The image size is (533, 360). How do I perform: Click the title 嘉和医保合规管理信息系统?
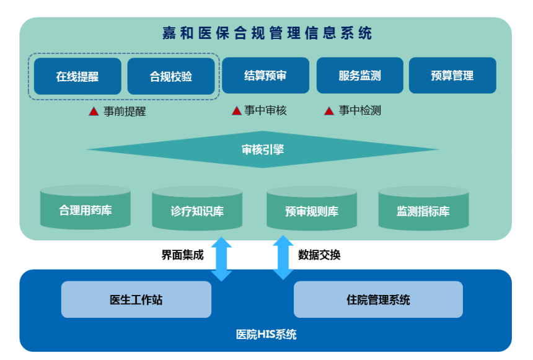pos(267,32)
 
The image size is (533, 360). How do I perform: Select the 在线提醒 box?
pos(77,77)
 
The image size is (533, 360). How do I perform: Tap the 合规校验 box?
pos(171,77)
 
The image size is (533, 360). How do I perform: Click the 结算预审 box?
pos(265,76)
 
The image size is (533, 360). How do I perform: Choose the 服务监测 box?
pos(359,76)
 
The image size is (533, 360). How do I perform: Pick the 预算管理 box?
pos(452,76)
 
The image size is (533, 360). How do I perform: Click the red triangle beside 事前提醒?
pos(94,112)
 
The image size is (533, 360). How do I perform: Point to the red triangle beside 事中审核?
pos(236,111)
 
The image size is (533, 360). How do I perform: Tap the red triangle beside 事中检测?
pos(329,111)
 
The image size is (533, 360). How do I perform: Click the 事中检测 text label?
pos(359,111)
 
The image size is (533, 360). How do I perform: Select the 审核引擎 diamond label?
pos(263,149)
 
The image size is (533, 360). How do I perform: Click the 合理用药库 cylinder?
pos(86,209)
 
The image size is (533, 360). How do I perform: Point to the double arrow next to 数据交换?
pos(283,257)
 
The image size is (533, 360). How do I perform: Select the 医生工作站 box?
pos(136,300)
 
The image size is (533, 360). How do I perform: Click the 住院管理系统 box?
pos(378,300)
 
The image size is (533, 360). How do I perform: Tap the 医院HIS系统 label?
pos(266,335)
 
